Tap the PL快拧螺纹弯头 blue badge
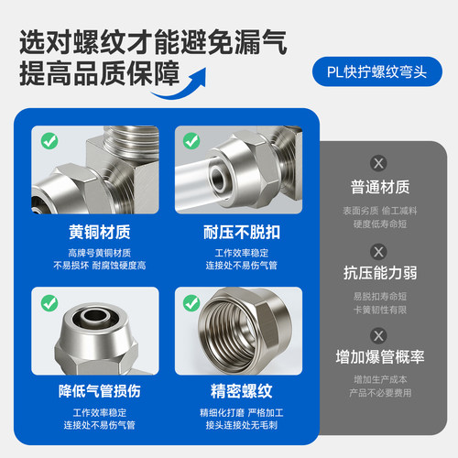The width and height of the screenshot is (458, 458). (x=377, y=71)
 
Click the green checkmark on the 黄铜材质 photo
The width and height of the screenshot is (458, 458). (x=49, y=141)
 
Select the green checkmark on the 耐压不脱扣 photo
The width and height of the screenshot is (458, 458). (x=191, y=141)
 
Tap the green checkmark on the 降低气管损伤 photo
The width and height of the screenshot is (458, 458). (x=49, y=303)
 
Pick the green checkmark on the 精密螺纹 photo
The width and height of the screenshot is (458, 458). (x=191, y=303)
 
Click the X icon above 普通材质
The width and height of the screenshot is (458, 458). (x=378, y=163)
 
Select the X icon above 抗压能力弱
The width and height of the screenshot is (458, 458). (x=378, y=252)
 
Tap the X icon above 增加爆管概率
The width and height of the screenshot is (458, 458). (x=378, y=336)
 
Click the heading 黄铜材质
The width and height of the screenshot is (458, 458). (x=100, y=232)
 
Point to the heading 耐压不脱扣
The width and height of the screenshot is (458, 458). (x=242, y=232)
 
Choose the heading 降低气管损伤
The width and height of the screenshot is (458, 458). (x=100, y=391)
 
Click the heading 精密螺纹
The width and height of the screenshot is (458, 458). (x=242, y=391)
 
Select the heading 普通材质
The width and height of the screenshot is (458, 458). (x=380, y=187)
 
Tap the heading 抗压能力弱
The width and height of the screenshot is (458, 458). (x=380, y=273)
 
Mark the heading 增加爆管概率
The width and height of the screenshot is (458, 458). (x=380, y=356)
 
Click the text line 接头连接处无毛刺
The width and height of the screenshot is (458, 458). (x=242, y=425)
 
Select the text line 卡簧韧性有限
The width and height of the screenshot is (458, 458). (x=380, y=310)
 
